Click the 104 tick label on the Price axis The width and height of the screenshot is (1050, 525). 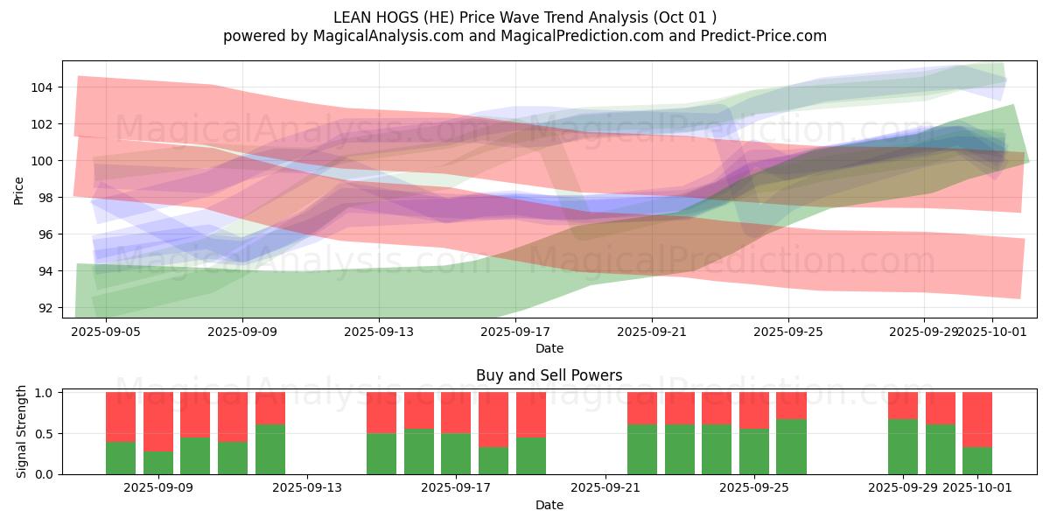(x=45, y=87)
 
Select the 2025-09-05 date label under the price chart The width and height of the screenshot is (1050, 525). (x=105, y=332)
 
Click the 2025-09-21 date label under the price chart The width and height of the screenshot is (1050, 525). (x=652, y=332)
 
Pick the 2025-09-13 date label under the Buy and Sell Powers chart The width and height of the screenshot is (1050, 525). (x=307, y=487)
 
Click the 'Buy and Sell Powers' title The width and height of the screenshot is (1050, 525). (x=549, y=375)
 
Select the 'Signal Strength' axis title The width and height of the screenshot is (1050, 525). (x=22, y=431)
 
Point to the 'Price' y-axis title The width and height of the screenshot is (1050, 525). (x=19, y=189)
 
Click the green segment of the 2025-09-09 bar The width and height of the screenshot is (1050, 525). (x=158, y=463)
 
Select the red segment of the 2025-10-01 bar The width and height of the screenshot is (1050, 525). (x=977, y=419)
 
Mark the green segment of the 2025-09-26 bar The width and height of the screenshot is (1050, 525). (x=791, y=446)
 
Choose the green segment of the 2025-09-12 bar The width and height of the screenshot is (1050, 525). (x=270, y=449)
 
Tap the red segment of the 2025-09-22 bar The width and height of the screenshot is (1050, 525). (x=642, y=408)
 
